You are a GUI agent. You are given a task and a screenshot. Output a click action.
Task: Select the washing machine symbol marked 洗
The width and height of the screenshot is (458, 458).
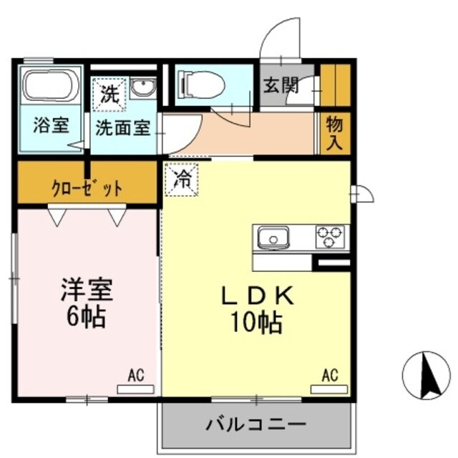pyautogui.click(x=109, y=94)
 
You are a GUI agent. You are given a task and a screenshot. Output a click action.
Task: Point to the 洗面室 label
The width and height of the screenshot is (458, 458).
pyautogui.click(x=123, y=128)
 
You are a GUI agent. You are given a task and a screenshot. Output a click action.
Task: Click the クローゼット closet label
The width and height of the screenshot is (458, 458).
pyautogui.click(x=87, y=189)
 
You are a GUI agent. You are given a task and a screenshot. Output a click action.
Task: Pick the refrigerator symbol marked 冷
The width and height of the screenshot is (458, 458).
pyautogui.click(x=182, y=180)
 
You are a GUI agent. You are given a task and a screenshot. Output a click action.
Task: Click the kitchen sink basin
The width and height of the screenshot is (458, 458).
pyautogui.click(x=272, y=236)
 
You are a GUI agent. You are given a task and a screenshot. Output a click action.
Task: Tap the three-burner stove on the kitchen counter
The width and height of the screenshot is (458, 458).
pyautogui.click(x=330, y=235)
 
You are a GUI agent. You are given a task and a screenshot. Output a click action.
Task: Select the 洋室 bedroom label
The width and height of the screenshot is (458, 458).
pyautogui.click(x=87, y=291)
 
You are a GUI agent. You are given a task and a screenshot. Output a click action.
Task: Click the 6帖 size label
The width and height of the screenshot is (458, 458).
pyautogui.click(x=87, y=317)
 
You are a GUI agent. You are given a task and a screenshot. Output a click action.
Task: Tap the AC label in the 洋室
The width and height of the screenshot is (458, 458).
pyautogui.click(x=136, y=374)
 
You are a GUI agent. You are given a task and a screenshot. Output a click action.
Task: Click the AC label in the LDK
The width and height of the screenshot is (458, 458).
pyautogui.click(x=329, y=374)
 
